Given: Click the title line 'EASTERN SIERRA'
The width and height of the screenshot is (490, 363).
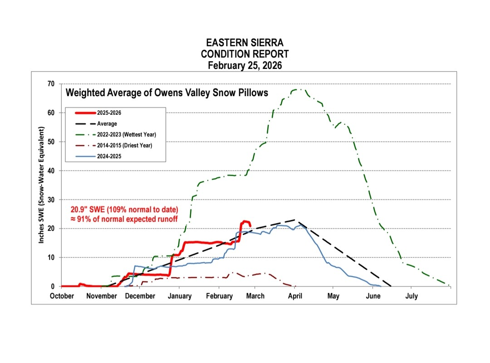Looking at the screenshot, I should [x=245, y=43].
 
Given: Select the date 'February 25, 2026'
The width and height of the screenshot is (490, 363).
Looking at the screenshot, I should [x=245, y=65].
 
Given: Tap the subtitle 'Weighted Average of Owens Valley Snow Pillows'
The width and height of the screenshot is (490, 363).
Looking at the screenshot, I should [x=167, y=93].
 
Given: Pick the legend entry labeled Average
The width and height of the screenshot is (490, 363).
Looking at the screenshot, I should [x=107, y=123].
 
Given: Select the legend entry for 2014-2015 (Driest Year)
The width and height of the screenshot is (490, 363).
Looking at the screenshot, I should [x=125, y=145].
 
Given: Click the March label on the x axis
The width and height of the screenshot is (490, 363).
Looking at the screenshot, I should [x=255, y=296].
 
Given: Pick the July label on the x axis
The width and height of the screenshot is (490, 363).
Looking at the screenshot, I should [x=411, y=296].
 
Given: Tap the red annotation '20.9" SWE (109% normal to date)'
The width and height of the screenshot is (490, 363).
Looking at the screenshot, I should [x=123, y=210].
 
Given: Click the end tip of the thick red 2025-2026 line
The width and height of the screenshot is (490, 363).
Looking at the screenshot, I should [x=250, y=226].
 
